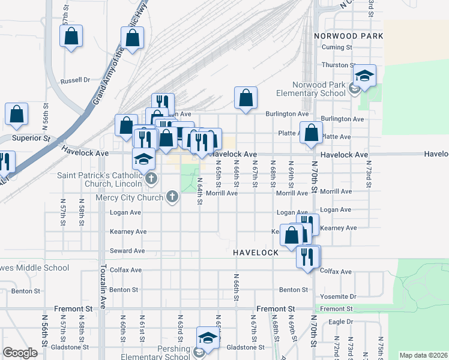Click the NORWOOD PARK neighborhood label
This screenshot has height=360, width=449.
[x=348, y=36]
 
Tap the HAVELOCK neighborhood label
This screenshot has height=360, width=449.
[x=256, y=253]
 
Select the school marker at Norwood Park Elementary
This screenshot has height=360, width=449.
[x=364, y=76]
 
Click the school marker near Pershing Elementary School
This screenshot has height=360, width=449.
[x=208, y=338]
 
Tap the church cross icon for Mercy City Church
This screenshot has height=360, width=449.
[x=172, y=197]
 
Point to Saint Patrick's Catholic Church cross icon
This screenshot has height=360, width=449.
[x=151, y=178]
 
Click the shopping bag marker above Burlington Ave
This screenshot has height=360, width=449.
[x=246, y=98]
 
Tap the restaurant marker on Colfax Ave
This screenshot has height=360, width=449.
[x=309, y=257]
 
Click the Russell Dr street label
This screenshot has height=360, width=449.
[x=75, y=80]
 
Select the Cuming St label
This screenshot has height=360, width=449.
[x=336, y=47]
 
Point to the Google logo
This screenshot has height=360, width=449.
[x=20, y=353]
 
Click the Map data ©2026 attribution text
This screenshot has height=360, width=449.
[x=423, y=355]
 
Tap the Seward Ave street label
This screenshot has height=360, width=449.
[x=127, y=251]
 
